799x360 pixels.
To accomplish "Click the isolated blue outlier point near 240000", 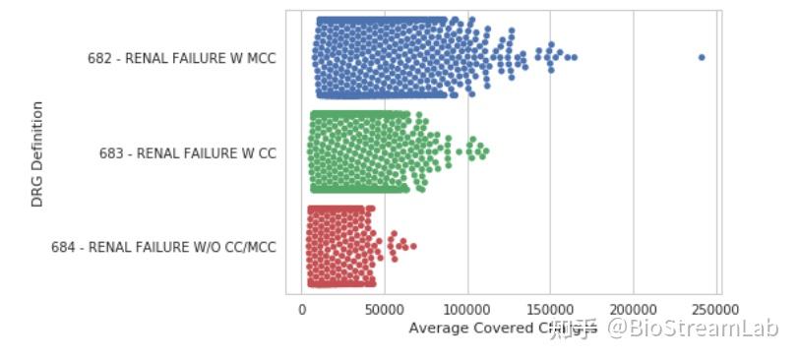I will (x=702, y=57).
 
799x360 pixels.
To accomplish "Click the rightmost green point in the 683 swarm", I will (x=485, y=151).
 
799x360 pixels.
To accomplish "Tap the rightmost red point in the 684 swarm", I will (x=413, y=246).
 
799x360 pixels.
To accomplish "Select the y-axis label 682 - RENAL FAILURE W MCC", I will (x=181, y=59).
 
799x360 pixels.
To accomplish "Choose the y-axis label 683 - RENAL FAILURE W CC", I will (x=187, y=153).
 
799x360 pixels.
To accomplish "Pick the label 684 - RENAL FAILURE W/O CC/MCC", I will (x=163, y=248).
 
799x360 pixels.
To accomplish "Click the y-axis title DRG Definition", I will (x=37, y=153).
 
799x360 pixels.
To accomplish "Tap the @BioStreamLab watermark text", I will (x=692, y=329).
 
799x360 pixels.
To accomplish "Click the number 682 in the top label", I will (x=98, y=59).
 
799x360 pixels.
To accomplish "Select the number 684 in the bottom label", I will (x=63, y=248).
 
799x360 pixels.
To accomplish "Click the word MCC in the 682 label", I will (x=261, y=59).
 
